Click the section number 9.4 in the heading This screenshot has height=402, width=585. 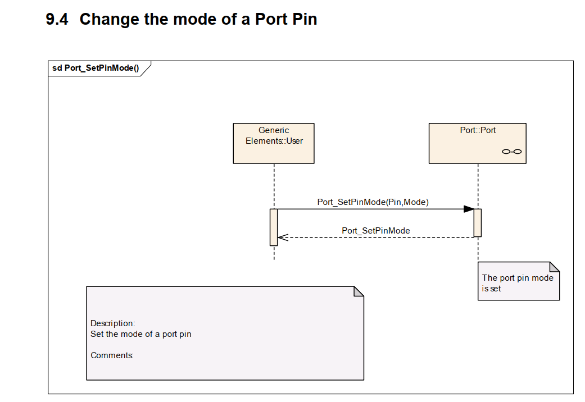pos(57,20)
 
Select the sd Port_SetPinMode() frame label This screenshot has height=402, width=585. pos(96,68)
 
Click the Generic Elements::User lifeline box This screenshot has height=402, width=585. pos(274,143)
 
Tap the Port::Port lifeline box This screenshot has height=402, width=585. pos(477,143)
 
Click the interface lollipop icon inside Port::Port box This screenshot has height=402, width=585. pos(511,152)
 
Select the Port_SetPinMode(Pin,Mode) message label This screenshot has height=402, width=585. pos(373,202)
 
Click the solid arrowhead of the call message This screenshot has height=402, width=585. pos(469,209)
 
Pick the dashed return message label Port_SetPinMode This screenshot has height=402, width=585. pos(375,231)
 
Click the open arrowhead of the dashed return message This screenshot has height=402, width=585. pos(282,237)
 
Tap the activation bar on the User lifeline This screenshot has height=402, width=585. pos(274,227)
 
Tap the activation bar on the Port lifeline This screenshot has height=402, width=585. pos(477,223)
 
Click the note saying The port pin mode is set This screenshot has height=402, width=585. pos(518,283)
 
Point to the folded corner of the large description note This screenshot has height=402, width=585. pos(359,291)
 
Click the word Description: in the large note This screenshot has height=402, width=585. pos(113,323)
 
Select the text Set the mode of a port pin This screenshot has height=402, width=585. pos(141,334)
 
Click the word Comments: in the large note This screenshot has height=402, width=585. pos(112,355)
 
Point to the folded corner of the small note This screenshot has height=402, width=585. pos(555,267)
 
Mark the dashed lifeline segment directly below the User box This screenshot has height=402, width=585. pos(274,185)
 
